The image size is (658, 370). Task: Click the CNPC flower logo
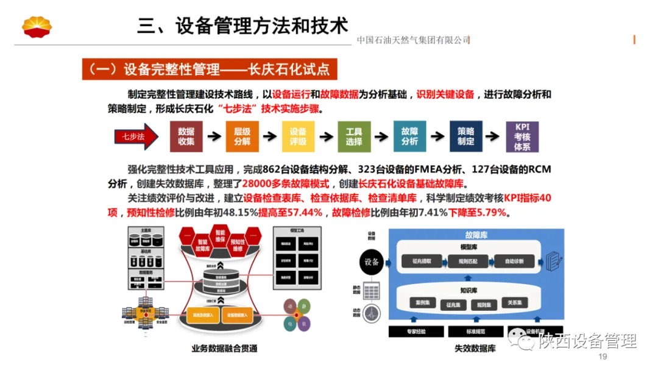37,27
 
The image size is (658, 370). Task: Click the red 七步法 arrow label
132,137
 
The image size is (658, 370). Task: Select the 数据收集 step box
186,137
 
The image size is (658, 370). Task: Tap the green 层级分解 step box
242,137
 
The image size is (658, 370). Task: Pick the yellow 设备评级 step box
298,137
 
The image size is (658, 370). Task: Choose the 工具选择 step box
354,137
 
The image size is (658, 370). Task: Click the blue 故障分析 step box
409,137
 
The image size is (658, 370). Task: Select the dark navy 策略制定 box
465,137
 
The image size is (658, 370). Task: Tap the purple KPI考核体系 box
522,137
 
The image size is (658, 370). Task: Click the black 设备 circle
372,262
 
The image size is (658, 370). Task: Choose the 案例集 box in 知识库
418,303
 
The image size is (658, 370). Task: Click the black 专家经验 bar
416,332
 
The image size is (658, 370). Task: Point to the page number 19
603,357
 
